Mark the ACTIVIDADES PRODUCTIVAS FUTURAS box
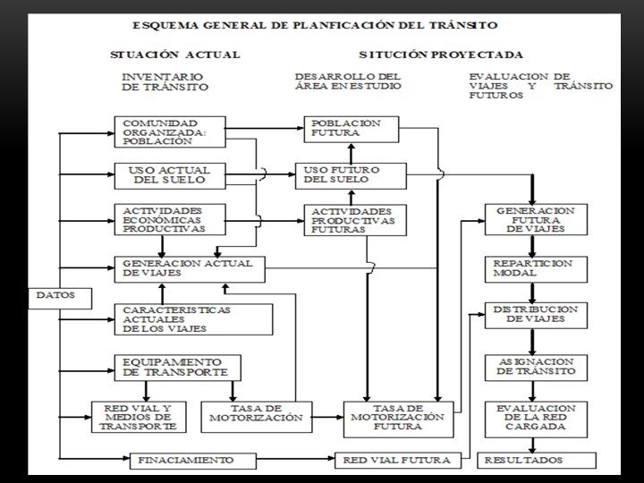[353, 219]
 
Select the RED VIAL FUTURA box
[397, 461]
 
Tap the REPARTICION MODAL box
[535, 267]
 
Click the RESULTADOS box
[535, 460]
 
